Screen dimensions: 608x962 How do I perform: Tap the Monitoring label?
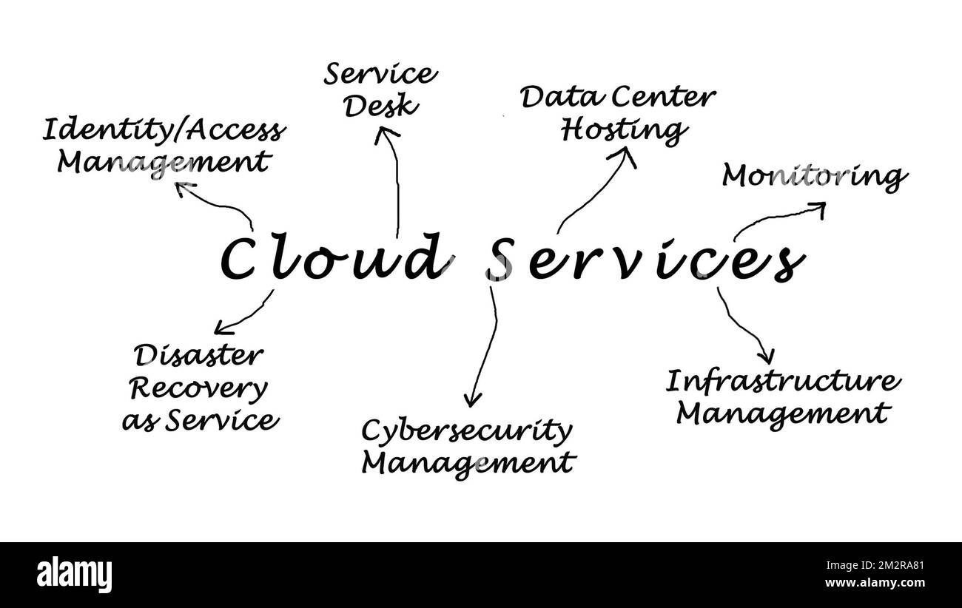[814, 177]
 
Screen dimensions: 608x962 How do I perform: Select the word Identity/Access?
[162, 130]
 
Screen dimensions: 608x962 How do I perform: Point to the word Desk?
[382, 106]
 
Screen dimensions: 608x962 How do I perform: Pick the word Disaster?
[198, 356]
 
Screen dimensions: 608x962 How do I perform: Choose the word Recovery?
[198, 388]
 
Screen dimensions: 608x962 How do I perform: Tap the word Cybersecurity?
[466, 430]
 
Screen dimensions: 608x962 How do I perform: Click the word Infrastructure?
[784, 382]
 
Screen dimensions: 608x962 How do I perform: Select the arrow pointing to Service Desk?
[395, 178]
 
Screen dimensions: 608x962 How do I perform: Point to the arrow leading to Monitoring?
[780, 219]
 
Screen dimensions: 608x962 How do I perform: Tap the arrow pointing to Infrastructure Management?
[744, 325]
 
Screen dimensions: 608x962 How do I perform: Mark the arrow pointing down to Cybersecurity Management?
[483, 348]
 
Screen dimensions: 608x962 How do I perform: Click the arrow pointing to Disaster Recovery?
[244, 314]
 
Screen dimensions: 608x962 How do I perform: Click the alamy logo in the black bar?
[74, 575]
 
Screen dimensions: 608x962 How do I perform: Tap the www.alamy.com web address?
[873, 583]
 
